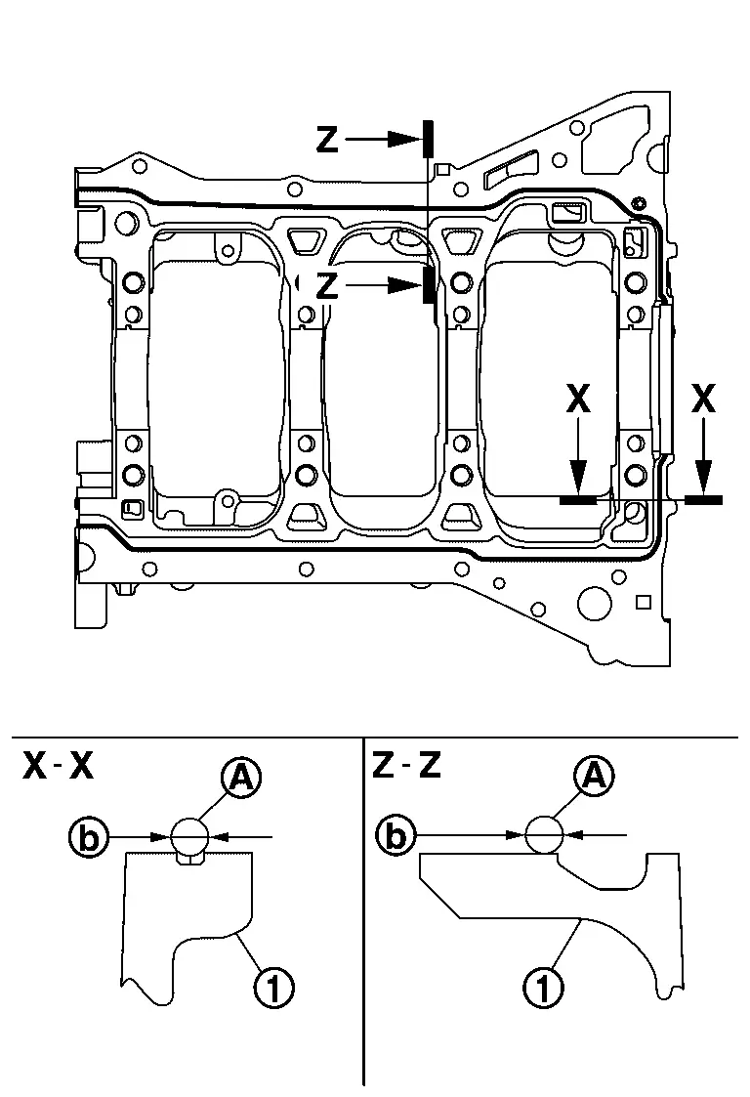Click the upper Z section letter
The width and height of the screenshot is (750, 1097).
327,140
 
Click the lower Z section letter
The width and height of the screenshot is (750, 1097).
327,286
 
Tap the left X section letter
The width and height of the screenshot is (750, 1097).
578,400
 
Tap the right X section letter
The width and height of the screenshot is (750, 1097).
703,400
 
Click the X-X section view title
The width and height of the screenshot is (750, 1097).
58,767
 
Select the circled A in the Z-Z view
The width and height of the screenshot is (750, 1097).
595,776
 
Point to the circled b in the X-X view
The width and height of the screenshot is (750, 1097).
89,837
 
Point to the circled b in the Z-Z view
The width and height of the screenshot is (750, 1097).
396,836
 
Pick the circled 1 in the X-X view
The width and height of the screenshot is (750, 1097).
274,988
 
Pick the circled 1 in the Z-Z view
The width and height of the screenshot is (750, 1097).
544,988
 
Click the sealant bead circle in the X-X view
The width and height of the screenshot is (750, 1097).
190,836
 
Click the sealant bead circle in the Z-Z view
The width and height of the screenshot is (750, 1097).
545,834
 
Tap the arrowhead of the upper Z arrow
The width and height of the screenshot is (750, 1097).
407,140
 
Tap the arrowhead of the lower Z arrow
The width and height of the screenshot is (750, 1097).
407,286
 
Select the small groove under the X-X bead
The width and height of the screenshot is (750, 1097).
190,859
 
